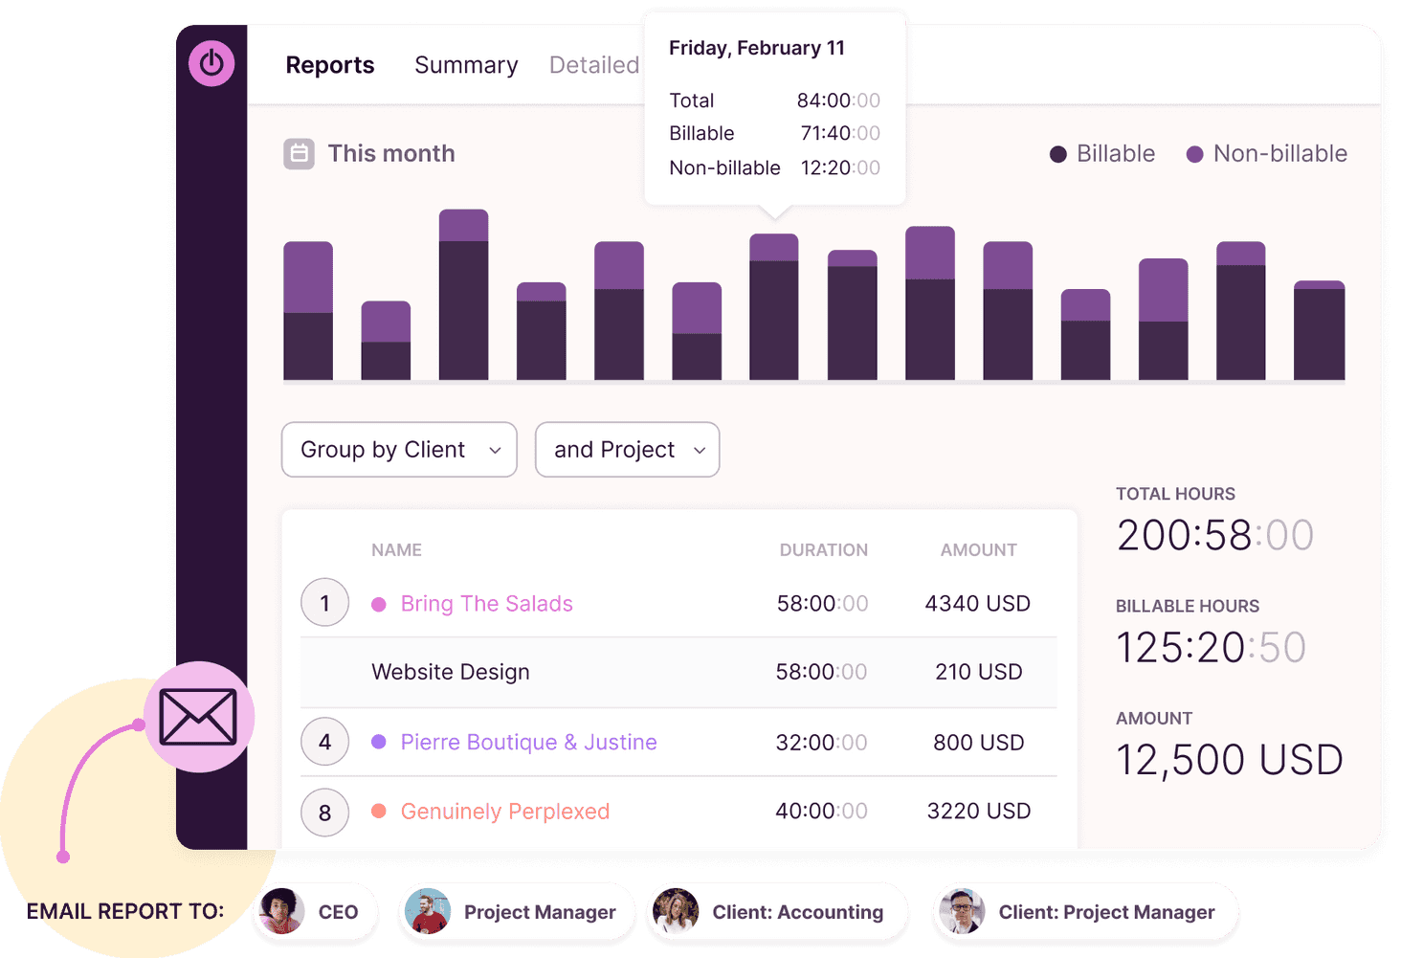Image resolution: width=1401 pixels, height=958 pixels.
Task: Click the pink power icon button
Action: [211, 63]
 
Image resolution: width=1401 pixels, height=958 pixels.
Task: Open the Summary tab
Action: [466, 65]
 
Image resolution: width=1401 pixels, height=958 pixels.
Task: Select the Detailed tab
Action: [593, 65]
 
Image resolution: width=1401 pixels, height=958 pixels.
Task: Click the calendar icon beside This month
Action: [299, 153]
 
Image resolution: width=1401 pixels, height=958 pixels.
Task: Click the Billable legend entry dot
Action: [1057, 154]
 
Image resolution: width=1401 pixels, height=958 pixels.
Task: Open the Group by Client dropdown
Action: [399, 450]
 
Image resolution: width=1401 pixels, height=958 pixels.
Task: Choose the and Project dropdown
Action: [627, 450]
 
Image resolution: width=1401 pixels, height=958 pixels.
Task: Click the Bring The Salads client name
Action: [486, 604]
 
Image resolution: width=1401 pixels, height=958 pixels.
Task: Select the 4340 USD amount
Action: [977, 604]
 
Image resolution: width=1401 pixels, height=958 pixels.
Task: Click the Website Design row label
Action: [451, 672]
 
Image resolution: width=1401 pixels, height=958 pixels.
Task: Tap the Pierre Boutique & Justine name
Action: [528, 743]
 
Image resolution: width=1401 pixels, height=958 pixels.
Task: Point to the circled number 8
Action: [324, 813]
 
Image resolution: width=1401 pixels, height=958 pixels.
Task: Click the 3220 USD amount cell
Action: [978, 812]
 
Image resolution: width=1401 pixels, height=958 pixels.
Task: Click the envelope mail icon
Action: [198, 717]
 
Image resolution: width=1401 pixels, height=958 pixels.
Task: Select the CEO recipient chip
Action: [316, 912]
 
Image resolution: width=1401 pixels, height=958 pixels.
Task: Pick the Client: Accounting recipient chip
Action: [777, 912]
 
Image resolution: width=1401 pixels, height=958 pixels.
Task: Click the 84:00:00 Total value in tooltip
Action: [837, 100]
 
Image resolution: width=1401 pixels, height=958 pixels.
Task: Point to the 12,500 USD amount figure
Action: [1229, 760]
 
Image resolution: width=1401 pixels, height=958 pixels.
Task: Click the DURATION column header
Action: [823, 550]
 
